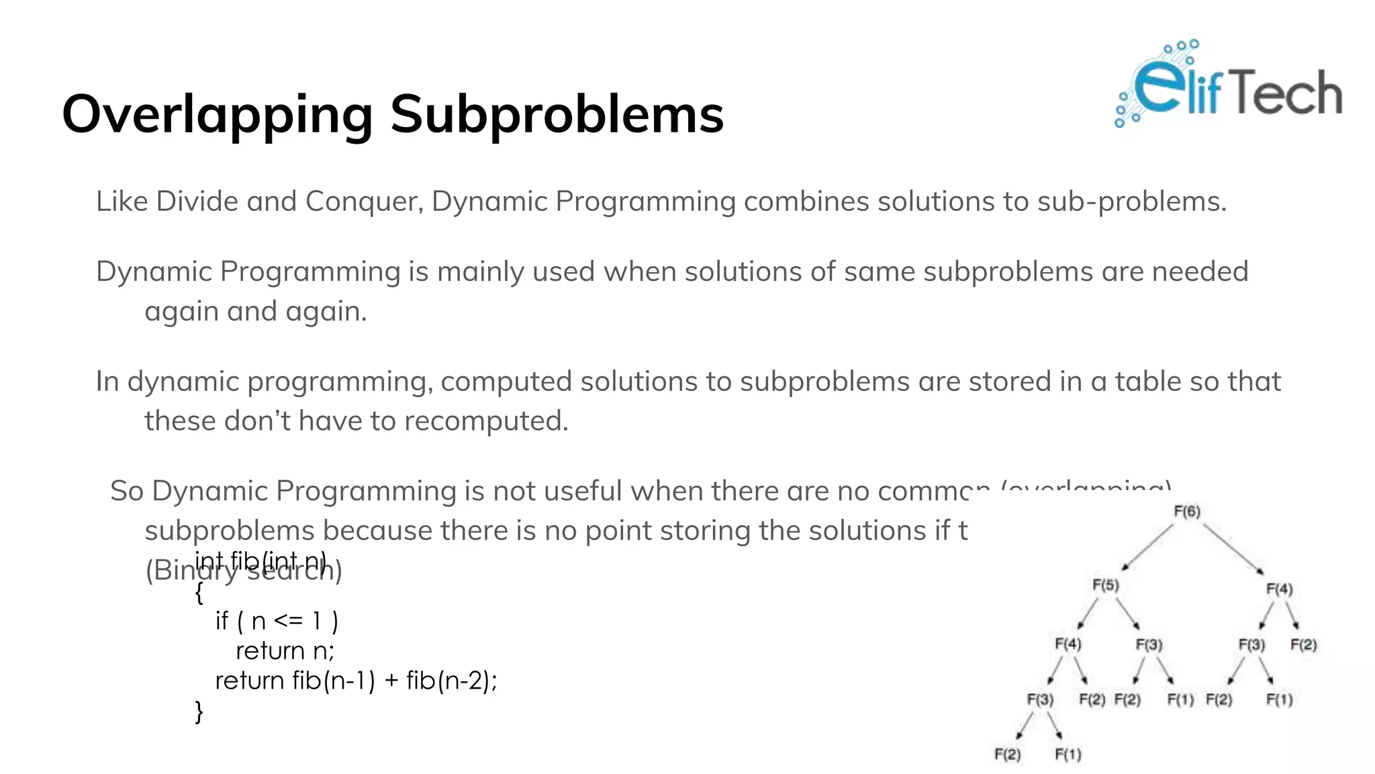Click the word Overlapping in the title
(x=217, y=115)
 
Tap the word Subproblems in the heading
(x=557, y=115)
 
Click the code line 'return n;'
(x=285, y=650)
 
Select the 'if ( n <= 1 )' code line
(x=277, y=620)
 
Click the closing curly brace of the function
(x=199, y=711)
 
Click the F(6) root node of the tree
(x=1187, y=511)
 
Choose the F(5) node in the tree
(x=1106, y=585)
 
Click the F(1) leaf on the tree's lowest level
(x=1068, y=755)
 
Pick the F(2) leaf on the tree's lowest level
(x=1007, y=755)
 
